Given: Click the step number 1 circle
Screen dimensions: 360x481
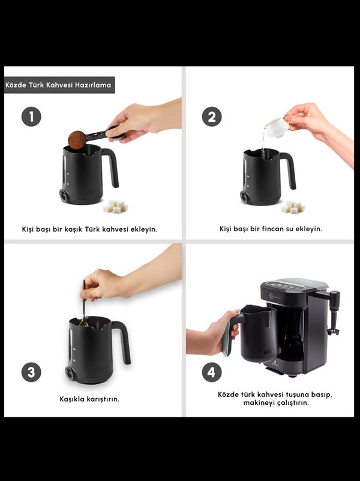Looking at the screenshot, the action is pos(31,116).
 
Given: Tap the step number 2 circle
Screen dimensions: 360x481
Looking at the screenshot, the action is pos(212,116).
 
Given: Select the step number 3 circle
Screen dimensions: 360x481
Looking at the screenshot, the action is pos(31,372).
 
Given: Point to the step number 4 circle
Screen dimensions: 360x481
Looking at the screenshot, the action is pos(212,372).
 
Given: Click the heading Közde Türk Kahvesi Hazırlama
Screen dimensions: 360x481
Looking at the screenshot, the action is pos(58,85).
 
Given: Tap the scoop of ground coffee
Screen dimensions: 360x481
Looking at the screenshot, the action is pos(77,140).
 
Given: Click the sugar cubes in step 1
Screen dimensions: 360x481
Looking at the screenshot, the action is pos(115,207).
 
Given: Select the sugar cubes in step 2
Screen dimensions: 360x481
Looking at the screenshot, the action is pos(293,207).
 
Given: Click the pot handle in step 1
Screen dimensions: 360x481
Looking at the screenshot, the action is pos(112,166).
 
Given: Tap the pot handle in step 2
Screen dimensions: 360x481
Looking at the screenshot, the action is pos(289,169).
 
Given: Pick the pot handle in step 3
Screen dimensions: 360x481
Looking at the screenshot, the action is pos(123,342).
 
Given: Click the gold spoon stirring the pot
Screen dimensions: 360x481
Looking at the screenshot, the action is pos(83,304).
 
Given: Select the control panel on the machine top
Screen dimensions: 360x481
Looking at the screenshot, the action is pos(286,286).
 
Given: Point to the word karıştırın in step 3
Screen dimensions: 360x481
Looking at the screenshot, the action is pos(103,399).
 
